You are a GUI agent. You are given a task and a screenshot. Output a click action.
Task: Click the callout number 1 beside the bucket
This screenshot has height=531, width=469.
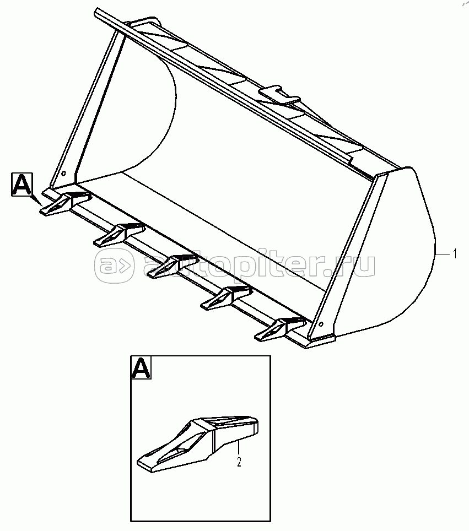[x=455, y=253]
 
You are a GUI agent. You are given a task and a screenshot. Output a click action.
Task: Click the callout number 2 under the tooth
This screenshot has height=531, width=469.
[x=239, y=462]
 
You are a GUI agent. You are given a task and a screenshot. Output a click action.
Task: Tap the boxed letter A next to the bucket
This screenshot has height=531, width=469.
[x=21, y=184]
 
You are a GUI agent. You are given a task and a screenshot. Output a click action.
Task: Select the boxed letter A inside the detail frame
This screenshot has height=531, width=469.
[x=141, y=367]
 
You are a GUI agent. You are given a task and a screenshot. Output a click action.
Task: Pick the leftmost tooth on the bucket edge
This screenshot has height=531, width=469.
[x=65, y=203]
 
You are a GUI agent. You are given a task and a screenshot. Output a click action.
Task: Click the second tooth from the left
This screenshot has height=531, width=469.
[x=119, y=234]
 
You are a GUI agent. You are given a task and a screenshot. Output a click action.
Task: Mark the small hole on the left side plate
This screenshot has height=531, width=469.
[x=64, y=174]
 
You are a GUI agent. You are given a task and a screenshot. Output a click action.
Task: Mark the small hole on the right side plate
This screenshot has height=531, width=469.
[x=321, y=324]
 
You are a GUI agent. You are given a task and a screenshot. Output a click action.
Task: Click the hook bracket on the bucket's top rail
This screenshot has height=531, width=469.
[x=279, y=95]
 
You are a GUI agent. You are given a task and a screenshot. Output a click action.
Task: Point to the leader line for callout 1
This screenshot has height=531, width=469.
[x=443, y=253]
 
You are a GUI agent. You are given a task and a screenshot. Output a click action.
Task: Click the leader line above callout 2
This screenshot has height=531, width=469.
[x=239, y=448]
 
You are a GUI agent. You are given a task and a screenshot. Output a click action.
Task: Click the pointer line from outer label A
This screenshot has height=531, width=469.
[x=36, y=201]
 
